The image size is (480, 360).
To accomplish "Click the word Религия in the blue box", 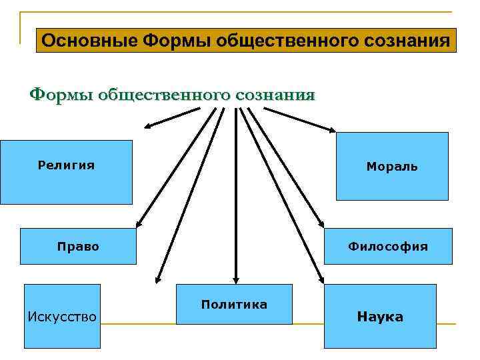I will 66,165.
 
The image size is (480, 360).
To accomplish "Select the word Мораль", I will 392,167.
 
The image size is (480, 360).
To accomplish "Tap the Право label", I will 78,247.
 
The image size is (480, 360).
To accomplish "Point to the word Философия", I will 388,247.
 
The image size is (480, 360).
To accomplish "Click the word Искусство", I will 62,316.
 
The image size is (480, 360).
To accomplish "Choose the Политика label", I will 234,305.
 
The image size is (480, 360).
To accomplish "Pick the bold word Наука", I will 380,317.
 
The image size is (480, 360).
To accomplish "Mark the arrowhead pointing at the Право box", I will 139,225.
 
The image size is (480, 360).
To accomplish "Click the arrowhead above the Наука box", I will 321,279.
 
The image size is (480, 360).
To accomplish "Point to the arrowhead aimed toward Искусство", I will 157,279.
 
